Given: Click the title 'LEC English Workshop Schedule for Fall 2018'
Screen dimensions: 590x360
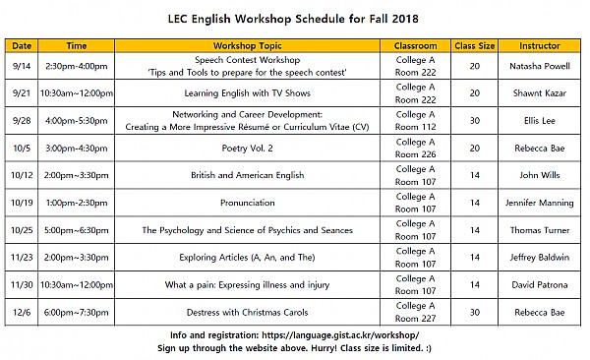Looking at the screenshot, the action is [294, 17].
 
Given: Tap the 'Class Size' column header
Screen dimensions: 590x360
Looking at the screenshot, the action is [475, 45].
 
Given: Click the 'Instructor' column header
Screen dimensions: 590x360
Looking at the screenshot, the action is [540, 45].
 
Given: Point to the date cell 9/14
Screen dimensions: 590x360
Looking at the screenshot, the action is [22, 65].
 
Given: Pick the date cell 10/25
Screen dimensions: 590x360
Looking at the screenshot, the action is [22, 230].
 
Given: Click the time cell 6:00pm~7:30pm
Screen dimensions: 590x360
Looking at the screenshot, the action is [77, 312].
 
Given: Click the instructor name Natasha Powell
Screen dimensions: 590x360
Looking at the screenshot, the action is [540, 65].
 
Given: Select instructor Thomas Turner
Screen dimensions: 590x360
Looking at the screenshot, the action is [540, 230].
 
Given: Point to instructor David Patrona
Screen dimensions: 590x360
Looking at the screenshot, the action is [540, 285].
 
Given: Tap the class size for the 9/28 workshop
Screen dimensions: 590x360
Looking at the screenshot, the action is [475, 120].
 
